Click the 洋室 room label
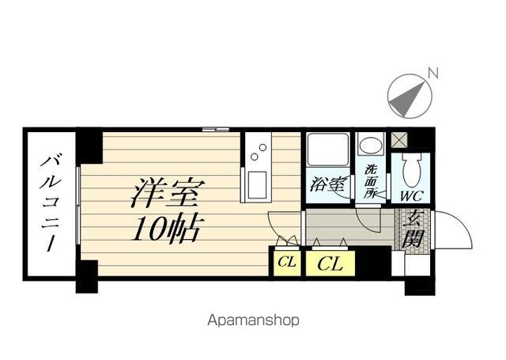tap(168, 191)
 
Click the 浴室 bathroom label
tap(327, 184)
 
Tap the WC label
tap(412, 196)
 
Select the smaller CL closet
tap(287, 263)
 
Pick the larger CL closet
tap(330, 263)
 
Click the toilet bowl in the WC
tap(412, 169)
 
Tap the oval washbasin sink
tap(372, 146)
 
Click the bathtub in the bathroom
tap(327, 150)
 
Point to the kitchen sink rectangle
tap(257, 185)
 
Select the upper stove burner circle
tap(263, 147)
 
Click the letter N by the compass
tap(433, 73)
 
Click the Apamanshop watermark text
tap(253, 320)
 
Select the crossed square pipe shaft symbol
tap(399, 140)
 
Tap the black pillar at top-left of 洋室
tap(89, 147)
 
